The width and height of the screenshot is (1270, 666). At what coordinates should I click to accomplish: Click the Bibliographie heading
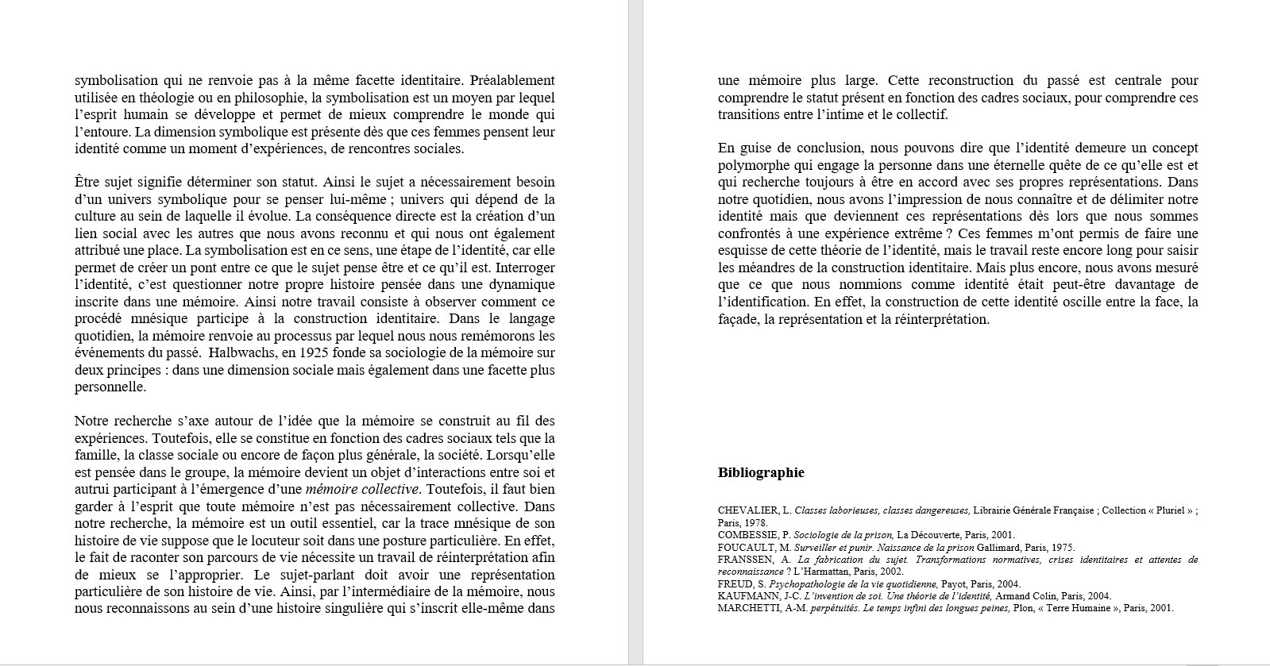tap(760, 473)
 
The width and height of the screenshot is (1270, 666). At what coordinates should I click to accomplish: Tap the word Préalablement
tap(512, 80)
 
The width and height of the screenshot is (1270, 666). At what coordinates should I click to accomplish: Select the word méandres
tap(768, 268)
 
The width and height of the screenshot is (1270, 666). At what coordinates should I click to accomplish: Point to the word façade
tap(739, 319)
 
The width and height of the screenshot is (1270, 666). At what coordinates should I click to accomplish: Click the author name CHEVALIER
tap(747, 510)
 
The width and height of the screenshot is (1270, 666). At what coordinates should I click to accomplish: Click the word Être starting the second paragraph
tap(89, 183)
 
